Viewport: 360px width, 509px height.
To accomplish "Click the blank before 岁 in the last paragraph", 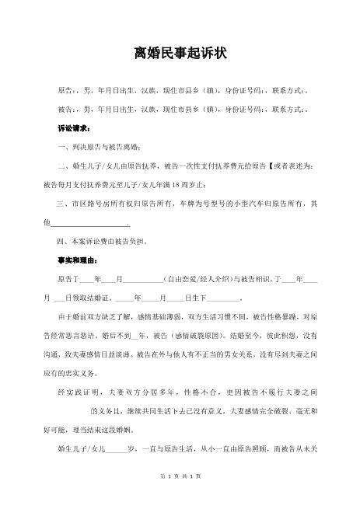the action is point(116,448).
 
